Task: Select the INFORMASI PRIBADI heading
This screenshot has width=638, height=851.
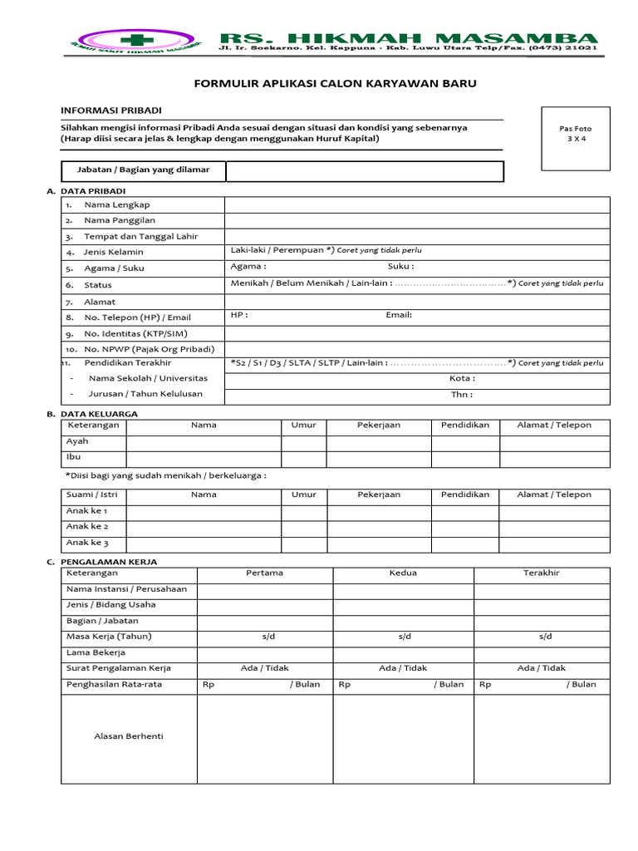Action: (x=110, y=110)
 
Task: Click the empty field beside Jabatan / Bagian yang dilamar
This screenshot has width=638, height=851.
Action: (x=364, y=170)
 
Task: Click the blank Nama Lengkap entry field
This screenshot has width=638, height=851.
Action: (x=416, y=204)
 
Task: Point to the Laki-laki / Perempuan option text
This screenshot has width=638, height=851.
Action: (x=282, y=250)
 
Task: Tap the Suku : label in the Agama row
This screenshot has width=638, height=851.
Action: (x=400, y=267)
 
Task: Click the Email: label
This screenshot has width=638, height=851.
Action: (x=399, y=315)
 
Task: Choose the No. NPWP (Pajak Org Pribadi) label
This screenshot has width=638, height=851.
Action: (x=149, y=349)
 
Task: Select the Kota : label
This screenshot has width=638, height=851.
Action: (x=462, y=378)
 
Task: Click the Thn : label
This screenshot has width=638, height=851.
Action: (x=462, y=395)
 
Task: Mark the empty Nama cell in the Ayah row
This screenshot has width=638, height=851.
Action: (x=204, y=442)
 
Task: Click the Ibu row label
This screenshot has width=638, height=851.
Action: (x=74, y=457)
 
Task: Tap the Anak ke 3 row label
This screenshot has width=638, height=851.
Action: (x=87, y=543)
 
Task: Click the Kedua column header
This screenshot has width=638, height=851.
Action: (x=403, y=573)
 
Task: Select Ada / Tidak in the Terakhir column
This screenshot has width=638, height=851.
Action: (x=541, y=668)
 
